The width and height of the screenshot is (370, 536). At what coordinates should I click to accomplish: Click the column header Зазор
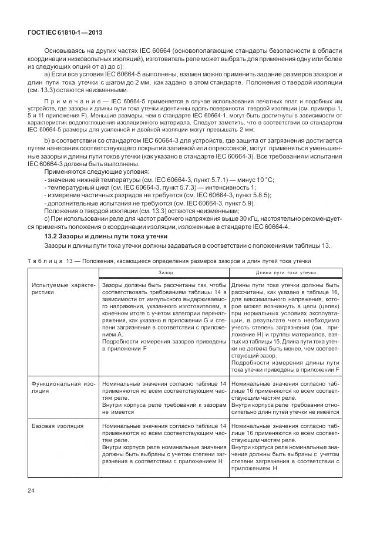tap(164, 272)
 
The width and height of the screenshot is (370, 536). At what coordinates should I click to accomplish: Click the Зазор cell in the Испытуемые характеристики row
tap(163, 317)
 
